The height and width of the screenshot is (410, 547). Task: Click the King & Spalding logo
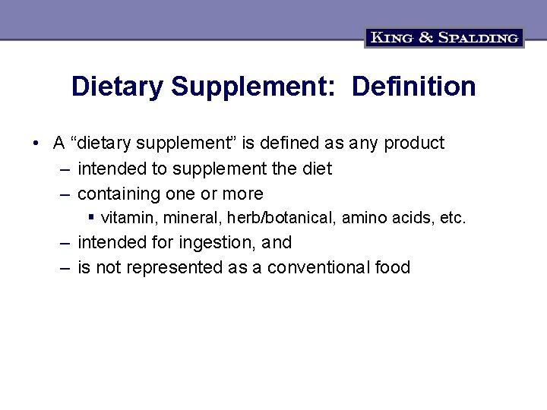coord(444,37)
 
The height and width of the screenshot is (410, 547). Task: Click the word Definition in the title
coord(415,87)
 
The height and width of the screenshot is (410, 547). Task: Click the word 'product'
coord(414,143)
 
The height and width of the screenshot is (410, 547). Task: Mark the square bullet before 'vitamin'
coord(91,217)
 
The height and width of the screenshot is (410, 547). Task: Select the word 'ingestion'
coord(220,243)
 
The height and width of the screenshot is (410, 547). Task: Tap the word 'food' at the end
coord(392,267)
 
